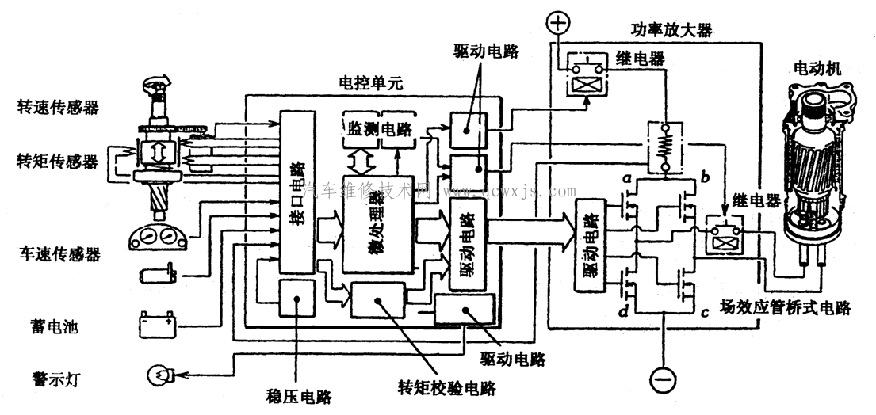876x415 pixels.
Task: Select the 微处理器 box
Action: coord(377,224)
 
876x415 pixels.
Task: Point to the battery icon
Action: coord(156,324)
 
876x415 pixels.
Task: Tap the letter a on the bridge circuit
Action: coord(625,180)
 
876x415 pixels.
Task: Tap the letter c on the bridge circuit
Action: coord(703,312)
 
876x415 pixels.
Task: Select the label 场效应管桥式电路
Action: coord(785,307)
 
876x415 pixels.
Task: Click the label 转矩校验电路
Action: coord(447,388)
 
